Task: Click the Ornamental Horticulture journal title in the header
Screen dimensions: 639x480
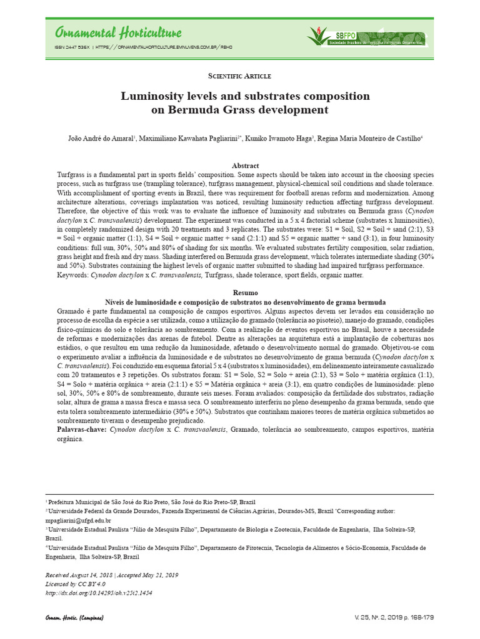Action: pyautogui.click(x=119, y=32)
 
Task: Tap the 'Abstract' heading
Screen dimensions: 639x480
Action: pyautogui.click(x=244, y=165)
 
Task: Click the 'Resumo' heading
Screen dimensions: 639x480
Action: pyautogui.click(x=244, y=292)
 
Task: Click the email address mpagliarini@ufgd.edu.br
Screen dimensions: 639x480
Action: pyautogui.click(x=78, y=520)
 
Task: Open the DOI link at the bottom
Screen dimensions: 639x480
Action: pyautogui.click(x=99, y=593)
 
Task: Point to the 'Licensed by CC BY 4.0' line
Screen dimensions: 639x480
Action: pyautogui.click(x=76, y=583)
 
